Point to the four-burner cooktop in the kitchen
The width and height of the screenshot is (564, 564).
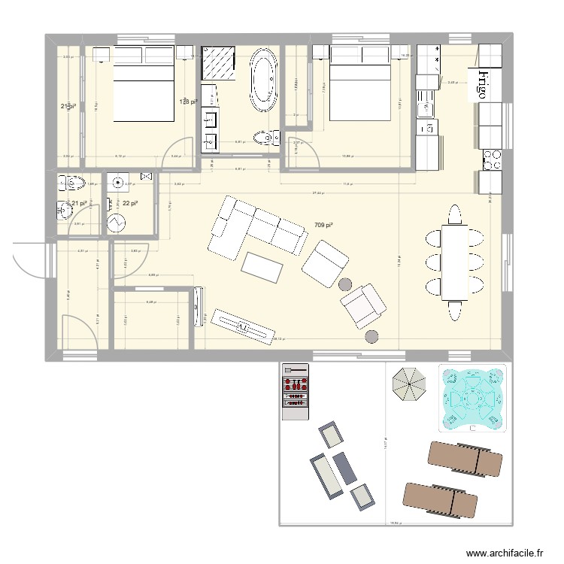click(492, 158)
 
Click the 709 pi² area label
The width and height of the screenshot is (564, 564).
click(323, 224)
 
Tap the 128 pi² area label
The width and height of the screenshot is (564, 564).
click(187, 102)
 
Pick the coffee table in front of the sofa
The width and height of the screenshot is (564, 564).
click(262, 265)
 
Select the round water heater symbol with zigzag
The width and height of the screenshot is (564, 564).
click(117, 223)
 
